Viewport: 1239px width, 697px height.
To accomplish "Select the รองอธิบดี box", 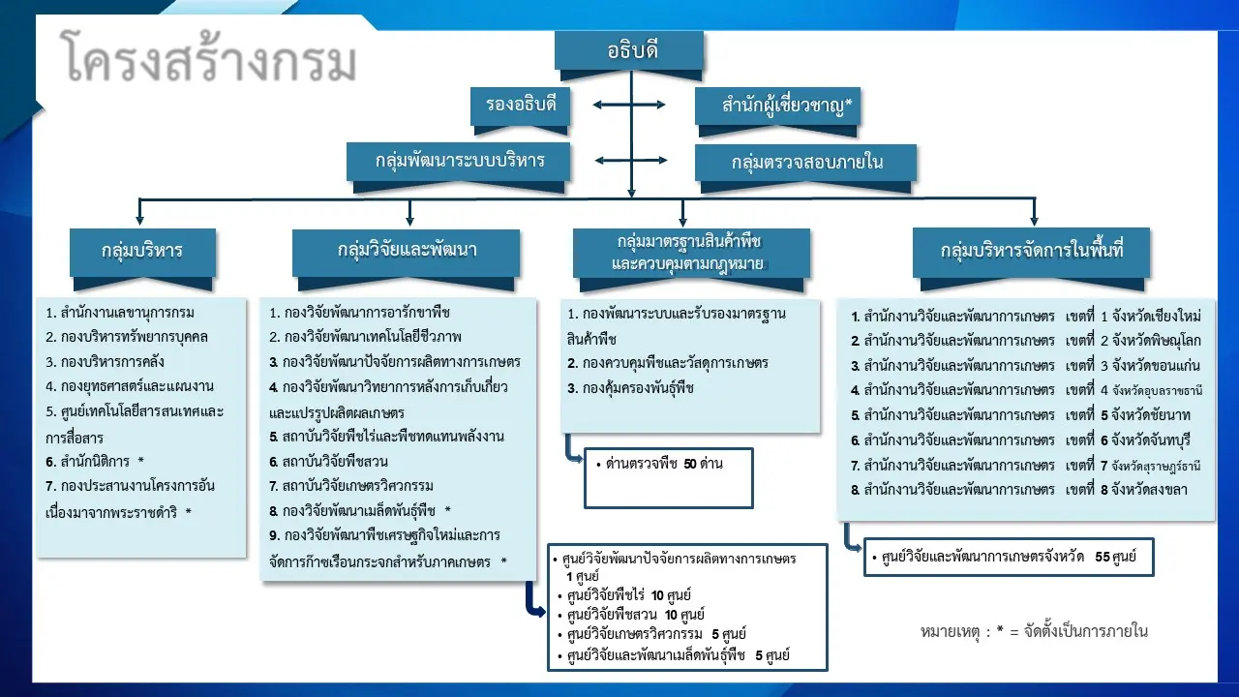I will tap(520, 106).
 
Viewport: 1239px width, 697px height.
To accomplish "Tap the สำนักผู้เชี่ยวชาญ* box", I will tap(778, 106).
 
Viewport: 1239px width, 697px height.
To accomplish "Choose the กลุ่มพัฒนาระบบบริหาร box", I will tap(459, 161).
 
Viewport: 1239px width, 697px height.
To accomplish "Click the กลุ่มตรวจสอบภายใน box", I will tap(805, 162).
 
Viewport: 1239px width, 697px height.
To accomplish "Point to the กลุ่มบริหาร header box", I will tap(142, 251).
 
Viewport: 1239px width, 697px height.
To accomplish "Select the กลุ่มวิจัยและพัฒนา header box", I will tap(407, 251).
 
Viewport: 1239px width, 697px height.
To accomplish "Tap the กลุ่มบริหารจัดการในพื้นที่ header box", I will tap(1031, 251).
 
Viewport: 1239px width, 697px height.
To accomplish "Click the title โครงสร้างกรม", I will tap(208, 61).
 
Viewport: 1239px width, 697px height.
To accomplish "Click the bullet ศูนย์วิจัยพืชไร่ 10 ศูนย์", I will tap(629, 594).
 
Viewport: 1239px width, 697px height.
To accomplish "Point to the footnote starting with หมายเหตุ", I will tap(1034, 631).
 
